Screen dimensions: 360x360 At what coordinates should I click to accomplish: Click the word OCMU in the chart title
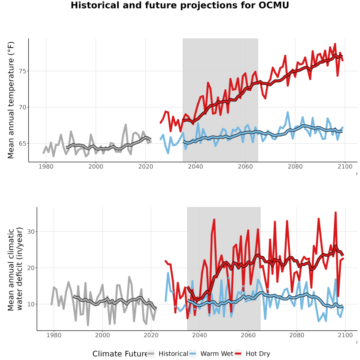(274, 5)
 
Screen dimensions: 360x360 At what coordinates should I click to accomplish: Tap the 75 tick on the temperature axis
(22, 71)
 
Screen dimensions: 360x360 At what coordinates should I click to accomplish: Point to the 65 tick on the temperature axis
(22, 144)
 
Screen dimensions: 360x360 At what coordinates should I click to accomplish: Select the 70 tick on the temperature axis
(22, 107)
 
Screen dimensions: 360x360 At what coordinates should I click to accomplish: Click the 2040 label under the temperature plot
(195, 166)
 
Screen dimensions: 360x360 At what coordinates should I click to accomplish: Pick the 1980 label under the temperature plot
(46, 166)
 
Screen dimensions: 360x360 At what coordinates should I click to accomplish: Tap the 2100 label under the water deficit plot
(345, 335)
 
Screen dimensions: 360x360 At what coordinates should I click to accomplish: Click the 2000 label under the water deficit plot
(102, 335)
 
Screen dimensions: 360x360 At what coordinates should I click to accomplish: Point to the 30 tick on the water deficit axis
(31, 232)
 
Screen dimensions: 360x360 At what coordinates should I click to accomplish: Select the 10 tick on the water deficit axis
(31, 304)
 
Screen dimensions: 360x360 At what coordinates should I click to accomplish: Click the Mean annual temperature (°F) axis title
(11, 100)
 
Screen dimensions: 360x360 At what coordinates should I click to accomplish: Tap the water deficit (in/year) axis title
(20, 269)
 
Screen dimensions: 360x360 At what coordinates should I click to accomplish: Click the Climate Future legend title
(120, 354)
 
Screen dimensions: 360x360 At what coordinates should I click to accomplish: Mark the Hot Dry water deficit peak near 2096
(336, 213)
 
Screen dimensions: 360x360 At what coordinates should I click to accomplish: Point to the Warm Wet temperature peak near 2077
(288, 112)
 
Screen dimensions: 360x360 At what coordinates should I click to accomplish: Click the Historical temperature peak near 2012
(126, 124)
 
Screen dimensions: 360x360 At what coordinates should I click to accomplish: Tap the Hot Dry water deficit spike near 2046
(214, 220)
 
